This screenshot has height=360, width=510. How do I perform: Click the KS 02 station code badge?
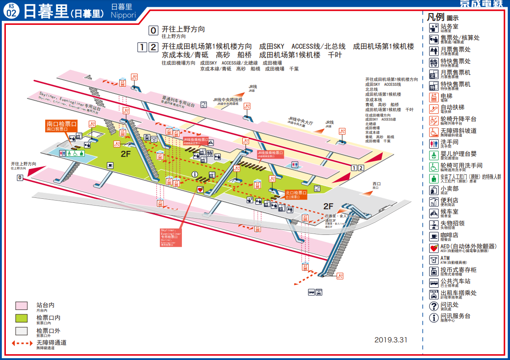pyautogui.click(x=11, y=11)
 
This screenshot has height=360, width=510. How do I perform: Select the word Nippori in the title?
pyautogui.click(x=123, y=15)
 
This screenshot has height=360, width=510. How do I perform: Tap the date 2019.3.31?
pyautogui.click(x=391, y=340)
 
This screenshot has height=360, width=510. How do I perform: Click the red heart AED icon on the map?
pyautogui.click(x=200, y=190)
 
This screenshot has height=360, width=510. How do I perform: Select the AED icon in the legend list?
pyautogui.click(x=433, y=248)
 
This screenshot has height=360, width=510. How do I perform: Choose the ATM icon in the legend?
pyautogui.click(x=433, y=259)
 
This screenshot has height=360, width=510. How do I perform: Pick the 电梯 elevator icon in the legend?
pyautogui.click(x=433, y=97)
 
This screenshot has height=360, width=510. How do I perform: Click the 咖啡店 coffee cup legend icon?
pyautogui.click(x=433, y=236)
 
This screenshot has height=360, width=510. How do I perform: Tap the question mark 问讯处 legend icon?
pyautogui.click(x=433, y=306)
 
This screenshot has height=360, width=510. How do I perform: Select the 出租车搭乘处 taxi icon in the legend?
pyautogui.click(x=433, y=294)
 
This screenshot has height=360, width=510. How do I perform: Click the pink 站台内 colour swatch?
pyautogui.click(x=22, y=306)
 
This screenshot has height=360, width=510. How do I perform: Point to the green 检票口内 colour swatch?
pyautogui.click(x=22, y=318)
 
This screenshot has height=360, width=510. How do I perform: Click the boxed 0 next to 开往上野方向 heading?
pyautogui.click(x=153, y=31)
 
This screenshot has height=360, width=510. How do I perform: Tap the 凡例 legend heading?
pyautogui.click(x=436, y=17)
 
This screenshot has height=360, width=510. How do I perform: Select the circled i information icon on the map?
pyautogui.click(x=195, y=174)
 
